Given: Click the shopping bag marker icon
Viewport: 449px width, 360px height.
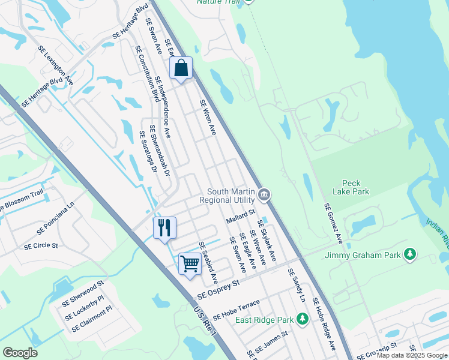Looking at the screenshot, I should (181, 68).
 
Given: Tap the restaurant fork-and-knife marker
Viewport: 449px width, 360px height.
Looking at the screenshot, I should (164, 228).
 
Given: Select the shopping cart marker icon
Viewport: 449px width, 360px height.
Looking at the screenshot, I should (190, 263).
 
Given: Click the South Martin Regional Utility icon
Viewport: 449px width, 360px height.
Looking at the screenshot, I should (264, 195).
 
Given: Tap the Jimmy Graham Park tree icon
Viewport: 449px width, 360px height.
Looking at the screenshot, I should (410, 255).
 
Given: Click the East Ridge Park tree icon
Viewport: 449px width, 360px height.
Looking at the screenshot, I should (303, 319).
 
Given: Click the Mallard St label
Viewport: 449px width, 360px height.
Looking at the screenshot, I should (241, 216).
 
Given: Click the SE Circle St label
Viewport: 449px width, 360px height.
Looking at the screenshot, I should (41, 245).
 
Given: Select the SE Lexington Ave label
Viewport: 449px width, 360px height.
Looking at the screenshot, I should (55, 65).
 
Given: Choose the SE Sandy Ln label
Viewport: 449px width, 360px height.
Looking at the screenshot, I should (296, 285).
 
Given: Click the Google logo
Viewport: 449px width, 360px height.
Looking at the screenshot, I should (20, 353).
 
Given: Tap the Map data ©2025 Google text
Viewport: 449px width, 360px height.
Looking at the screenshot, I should (412, 355).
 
